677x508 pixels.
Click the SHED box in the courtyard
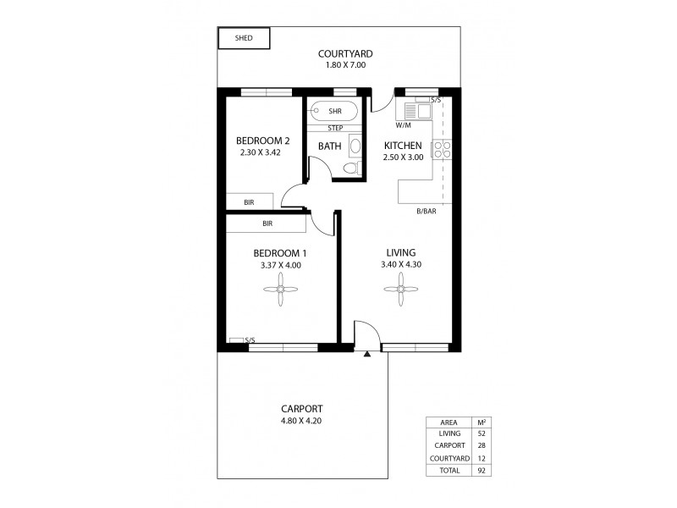[x=244, y=38]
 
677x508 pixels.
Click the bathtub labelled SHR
[x=333, y=110]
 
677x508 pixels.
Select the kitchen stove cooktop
[x=442, y=150]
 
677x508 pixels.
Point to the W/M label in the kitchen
[x=403, y=124]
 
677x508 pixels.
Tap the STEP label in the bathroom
[x=335, y=128]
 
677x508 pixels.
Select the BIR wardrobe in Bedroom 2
[x=250, y=202]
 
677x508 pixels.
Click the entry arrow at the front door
[x=366, y=354]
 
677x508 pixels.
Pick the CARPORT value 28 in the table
[x=482, y=444]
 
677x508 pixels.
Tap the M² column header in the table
[x=482, y=421]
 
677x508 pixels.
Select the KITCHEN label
[x=403, y=145]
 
